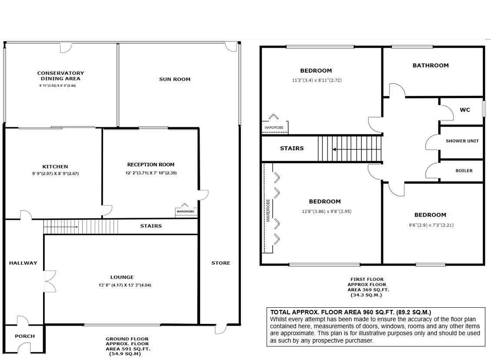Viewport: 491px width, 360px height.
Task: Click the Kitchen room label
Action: (x=55, y=167)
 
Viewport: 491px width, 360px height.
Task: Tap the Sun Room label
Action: (x=174, y=79)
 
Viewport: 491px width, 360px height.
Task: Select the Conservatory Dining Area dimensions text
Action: (x=60, y=86)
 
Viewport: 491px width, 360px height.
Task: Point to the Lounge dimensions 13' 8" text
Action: (x=122, y=286)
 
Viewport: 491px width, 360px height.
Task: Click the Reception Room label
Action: (x=150, y=165)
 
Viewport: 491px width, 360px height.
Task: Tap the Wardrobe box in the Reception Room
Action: (x=186, y=212)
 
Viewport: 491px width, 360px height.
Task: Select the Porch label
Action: (x=24, y=336)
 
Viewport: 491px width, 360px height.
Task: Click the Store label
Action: (x=220, y=263)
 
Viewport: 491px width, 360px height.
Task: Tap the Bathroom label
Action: (x=430, y=65)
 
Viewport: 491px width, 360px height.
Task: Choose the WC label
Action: (x=465, y=110)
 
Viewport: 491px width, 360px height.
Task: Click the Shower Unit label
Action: (x=462, y=141)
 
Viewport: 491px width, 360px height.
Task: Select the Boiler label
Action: (x=464, y=171)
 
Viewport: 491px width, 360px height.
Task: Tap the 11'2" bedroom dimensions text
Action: (x=317, y=81)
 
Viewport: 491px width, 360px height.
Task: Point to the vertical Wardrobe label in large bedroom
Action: (x=268, y=212)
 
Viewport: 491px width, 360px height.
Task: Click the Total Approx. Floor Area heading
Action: (x=351, y=312)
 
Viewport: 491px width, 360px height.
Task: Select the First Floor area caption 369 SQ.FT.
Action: (x=367, y=289)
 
